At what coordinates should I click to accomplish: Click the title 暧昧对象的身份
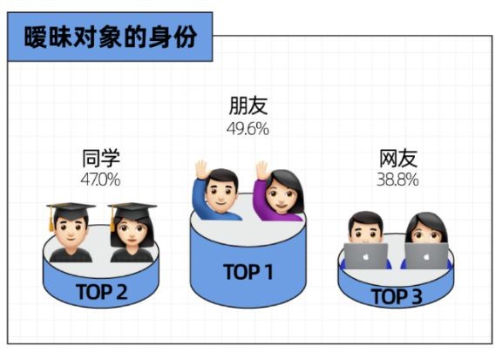(111, 37)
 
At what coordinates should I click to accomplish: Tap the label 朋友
(248, 105)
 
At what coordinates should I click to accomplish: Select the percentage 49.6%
(248, 129)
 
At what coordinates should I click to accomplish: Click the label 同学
(101, 158)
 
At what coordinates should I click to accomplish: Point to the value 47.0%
(100, 180)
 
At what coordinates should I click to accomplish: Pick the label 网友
(398, 158)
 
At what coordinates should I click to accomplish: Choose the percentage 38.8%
(397, 180)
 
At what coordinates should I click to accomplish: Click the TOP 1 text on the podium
(248, 272)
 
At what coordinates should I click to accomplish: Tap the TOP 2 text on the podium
(102, 292)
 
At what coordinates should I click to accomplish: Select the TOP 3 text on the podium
(397, 296)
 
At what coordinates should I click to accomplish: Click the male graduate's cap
(71, 210)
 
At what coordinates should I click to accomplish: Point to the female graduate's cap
(132, 210)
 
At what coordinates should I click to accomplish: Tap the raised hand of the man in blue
(202, 169)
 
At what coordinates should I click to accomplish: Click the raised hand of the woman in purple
(261, 170)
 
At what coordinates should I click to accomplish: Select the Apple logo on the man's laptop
(366, 256)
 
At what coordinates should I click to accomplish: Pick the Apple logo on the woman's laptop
(426, 256)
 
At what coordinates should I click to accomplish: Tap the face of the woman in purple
(281, 195)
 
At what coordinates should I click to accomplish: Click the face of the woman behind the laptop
(426, 233)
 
